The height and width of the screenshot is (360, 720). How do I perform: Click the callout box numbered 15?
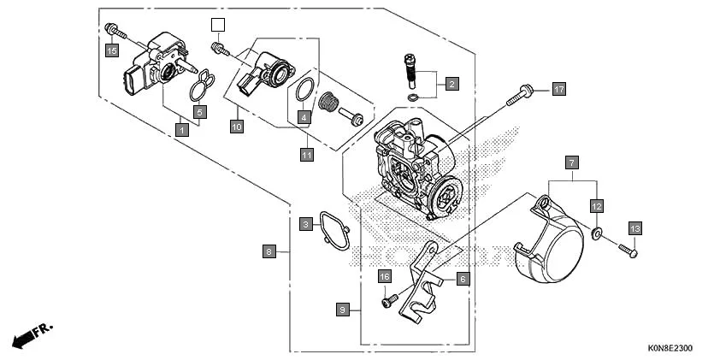tap(111, 50)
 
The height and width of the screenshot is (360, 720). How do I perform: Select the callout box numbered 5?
tap(198, 111)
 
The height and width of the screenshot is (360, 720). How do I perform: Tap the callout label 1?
tap(181, 130)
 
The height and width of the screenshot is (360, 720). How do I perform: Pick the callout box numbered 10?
tap(237, 127)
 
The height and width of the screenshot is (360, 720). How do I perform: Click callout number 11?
tap(306, 155)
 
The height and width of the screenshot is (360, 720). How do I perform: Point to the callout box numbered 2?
tap(451, 84)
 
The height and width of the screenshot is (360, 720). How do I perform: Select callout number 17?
tap(558, 89)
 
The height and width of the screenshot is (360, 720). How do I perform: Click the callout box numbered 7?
tap(572, 161)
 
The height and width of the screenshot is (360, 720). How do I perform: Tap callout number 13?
tap(634, 228)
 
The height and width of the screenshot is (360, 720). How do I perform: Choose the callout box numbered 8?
tap(269, 251)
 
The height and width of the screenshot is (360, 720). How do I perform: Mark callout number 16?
tap(385, 276)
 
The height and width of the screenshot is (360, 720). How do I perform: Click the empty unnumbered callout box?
tap(218, 25)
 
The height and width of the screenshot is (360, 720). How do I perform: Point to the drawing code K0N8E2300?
tap(670, 349)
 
